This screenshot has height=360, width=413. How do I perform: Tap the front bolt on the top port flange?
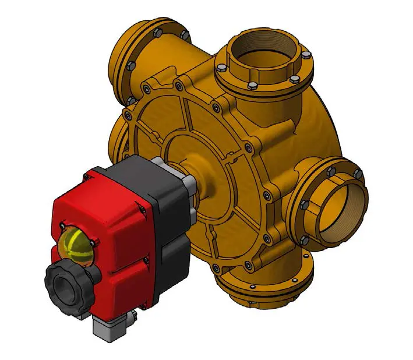click(x=252, y=86)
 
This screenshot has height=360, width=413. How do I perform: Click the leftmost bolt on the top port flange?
click(x=221, y=69)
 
